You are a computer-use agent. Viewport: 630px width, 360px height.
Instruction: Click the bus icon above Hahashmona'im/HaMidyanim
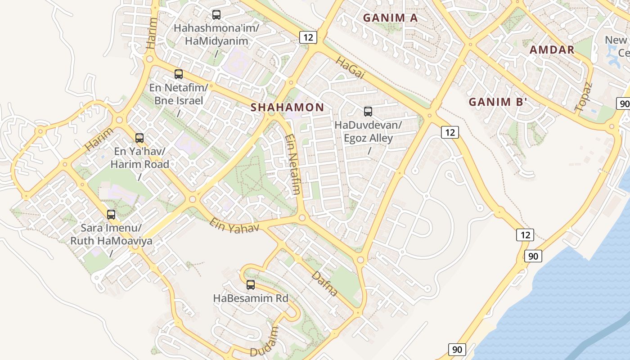click(216, 15)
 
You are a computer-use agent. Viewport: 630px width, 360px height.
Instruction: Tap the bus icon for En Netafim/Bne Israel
click(179, 74)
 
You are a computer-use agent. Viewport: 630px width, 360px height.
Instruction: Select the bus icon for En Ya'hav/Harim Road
click(139, 138)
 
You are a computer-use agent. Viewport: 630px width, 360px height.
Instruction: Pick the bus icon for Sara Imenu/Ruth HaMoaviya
click(111, 215)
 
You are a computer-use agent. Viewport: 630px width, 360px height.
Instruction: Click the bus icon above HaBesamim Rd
click(251, 285)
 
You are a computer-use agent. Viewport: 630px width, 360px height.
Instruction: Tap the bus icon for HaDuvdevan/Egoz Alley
click(368, 112)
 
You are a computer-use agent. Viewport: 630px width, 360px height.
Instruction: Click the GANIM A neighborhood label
click(390, 18)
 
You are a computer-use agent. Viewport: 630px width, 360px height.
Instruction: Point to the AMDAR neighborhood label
click(552, 50)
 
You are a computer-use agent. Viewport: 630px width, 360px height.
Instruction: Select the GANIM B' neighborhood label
click(498, 102)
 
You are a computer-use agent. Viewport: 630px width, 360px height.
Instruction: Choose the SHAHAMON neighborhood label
click(287, 108)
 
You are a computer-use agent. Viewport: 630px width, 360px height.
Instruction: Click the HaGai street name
click(350, 68)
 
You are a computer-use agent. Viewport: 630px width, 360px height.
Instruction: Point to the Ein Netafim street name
click(293, 164)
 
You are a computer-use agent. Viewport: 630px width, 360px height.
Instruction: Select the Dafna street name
click(324, 283)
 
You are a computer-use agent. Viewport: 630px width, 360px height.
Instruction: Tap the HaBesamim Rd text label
click(251, 298)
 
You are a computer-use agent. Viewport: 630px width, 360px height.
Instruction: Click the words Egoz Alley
click(368, 138)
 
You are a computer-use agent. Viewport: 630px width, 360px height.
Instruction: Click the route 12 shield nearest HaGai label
click(308, 37)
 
